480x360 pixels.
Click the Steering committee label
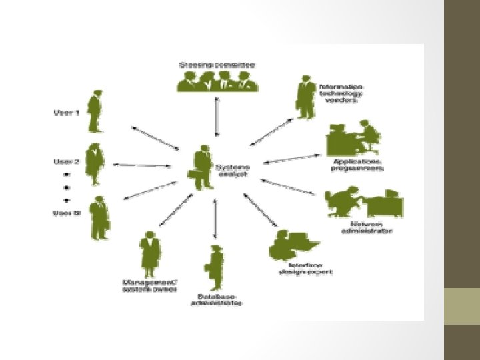(217, 65)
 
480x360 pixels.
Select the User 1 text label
(66, 113)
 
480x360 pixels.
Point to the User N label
(67, 213)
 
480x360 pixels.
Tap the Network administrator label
(366, 227)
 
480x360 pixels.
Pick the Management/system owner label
(149, 285)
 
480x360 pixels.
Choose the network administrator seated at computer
(363, 203)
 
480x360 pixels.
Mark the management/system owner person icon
(149, 252)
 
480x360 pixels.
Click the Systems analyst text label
(231, 170)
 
